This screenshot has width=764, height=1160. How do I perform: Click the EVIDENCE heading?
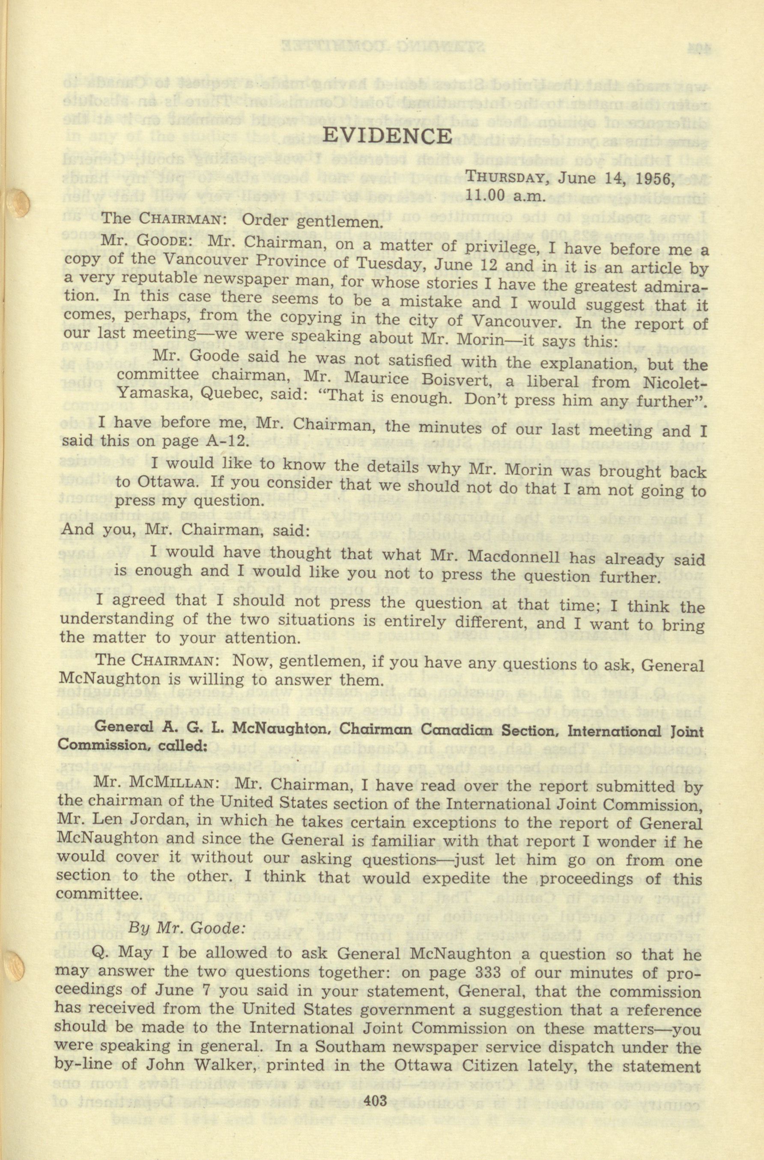coord(388,136)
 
